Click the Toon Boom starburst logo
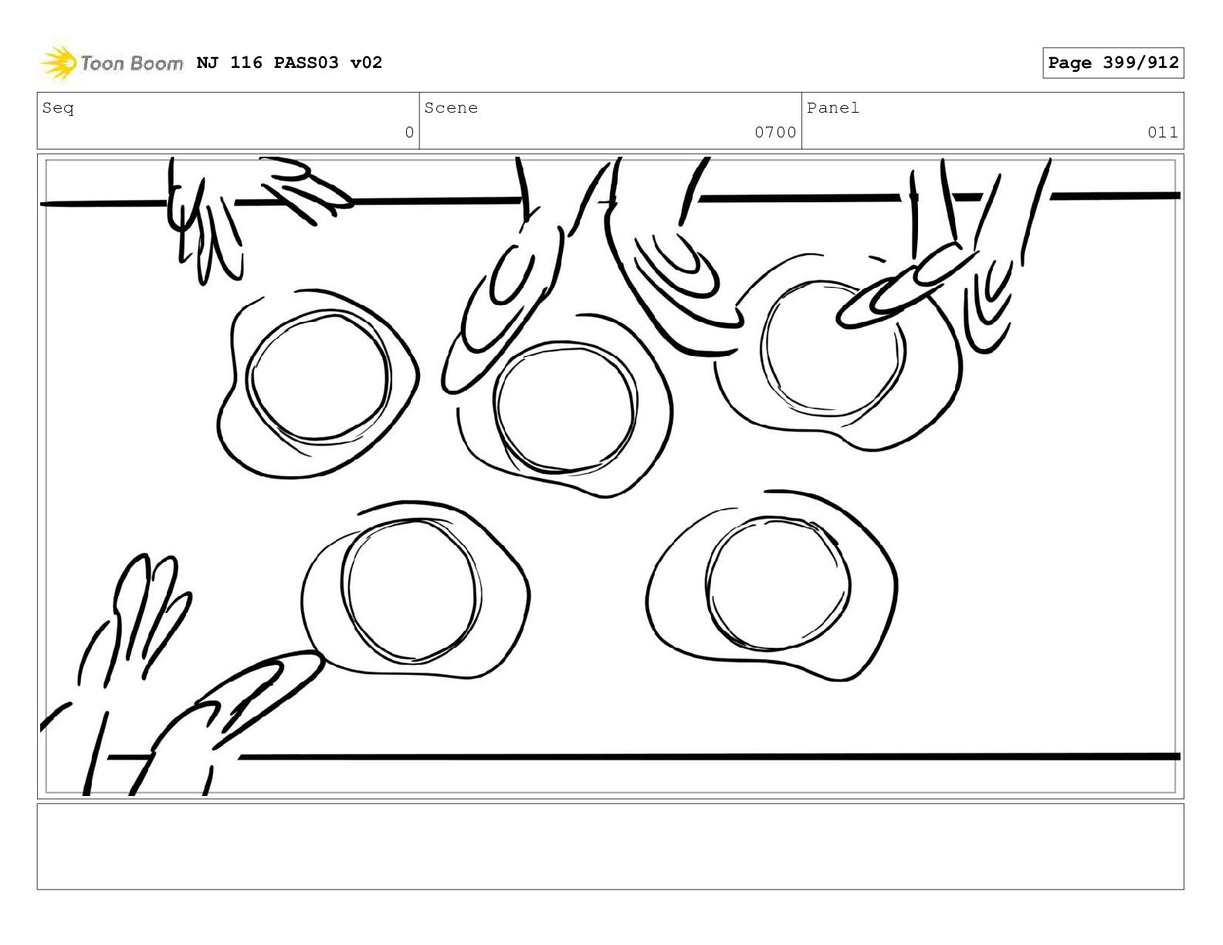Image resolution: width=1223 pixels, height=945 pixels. [x=58, y=62]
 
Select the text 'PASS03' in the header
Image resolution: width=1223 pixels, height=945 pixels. [x=307, y=63]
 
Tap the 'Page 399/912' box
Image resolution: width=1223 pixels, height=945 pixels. [x=1113, y=63]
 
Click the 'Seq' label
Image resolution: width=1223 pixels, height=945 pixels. [x=58, y=107]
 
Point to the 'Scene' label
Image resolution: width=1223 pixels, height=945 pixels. [x=451, y=107]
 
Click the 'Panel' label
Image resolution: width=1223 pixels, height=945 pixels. [x=833, y=107]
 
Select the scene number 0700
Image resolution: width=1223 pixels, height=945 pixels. [x=775, y=132]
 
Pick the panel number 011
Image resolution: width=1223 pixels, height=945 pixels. [x=1162, y=132]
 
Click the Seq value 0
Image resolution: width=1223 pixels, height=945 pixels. [x=409, y=132]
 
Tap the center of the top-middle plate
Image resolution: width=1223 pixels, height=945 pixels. [x=566, y=406]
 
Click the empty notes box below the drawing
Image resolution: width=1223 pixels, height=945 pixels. [x=610, y=846]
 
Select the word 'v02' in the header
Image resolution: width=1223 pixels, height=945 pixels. [x=366, y=63]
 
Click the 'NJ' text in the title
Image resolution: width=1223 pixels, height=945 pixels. [x=207, y=63]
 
